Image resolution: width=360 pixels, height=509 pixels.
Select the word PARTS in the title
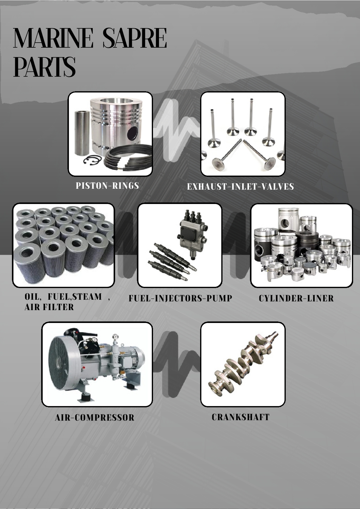click(44, 66)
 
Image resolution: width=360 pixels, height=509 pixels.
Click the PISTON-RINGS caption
click(107, 186)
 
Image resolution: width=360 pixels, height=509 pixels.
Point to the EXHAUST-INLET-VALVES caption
click(240, 187)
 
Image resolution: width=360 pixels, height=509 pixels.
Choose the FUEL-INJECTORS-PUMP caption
click(180, 298)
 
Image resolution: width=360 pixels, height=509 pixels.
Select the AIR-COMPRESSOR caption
click(95, 418)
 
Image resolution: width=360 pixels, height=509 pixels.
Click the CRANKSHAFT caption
click(240, 417)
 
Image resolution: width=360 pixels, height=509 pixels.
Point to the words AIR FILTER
click(49, 307)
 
